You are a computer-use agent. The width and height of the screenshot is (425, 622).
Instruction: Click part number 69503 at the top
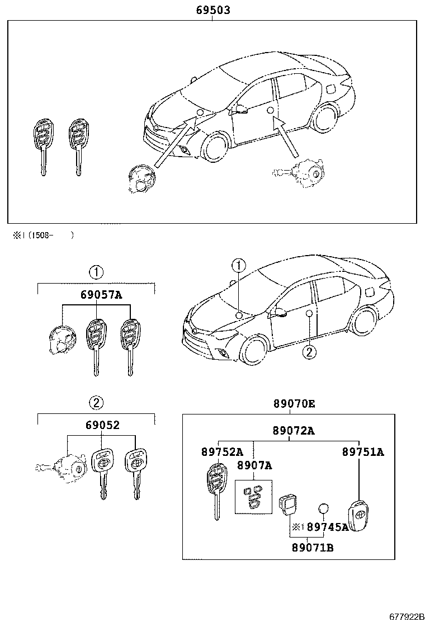pos(212,10)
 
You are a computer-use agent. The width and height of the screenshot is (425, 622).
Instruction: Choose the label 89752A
pos(222,452)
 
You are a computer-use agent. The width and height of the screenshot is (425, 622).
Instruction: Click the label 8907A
pos(254,465)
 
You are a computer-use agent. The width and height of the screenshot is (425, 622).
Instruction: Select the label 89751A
pos(363,452)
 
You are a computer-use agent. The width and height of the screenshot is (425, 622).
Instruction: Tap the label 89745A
pos(328,526)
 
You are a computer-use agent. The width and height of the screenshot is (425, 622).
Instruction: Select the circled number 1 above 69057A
pos(96,272)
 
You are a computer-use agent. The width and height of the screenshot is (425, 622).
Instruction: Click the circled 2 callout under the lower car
pos(307,352)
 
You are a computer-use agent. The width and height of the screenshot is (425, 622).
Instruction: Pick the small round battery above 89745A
pos(324,508)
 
